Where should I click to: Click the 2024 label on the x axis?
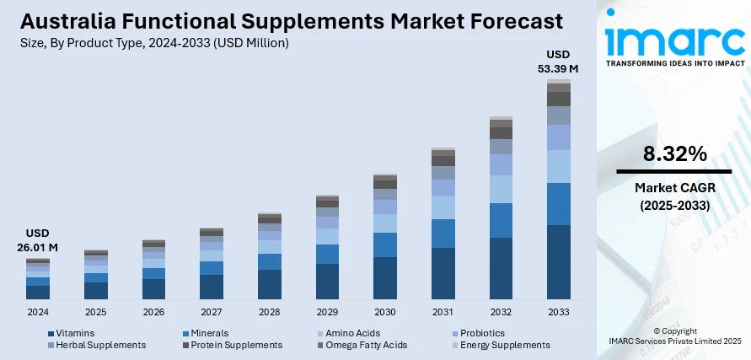(x=37, y=312)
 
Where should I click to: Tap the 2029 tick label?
(x=327, y=312)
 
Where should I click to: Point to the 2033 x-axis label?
(x=558, y=312)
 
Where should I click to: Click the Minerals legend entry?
(x=209, y=333)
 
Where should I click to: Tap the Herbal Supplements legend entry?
(x=99, y=345)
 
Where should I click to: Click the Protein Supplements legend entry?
(x=236, y=345)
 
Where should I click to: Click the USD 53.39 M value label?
(x=558, y=62)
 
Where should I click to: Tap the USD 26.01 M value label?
(x=37, y=239)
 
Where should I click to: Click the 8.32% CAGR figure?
(x=674, y=153)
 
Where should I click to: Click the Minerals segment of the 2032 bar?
(x=501, y=220)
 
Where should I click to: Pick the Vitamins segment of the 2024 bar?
(x=37, y=292)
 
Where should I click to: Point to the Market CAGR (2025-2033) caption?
(x=673, y=196)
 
